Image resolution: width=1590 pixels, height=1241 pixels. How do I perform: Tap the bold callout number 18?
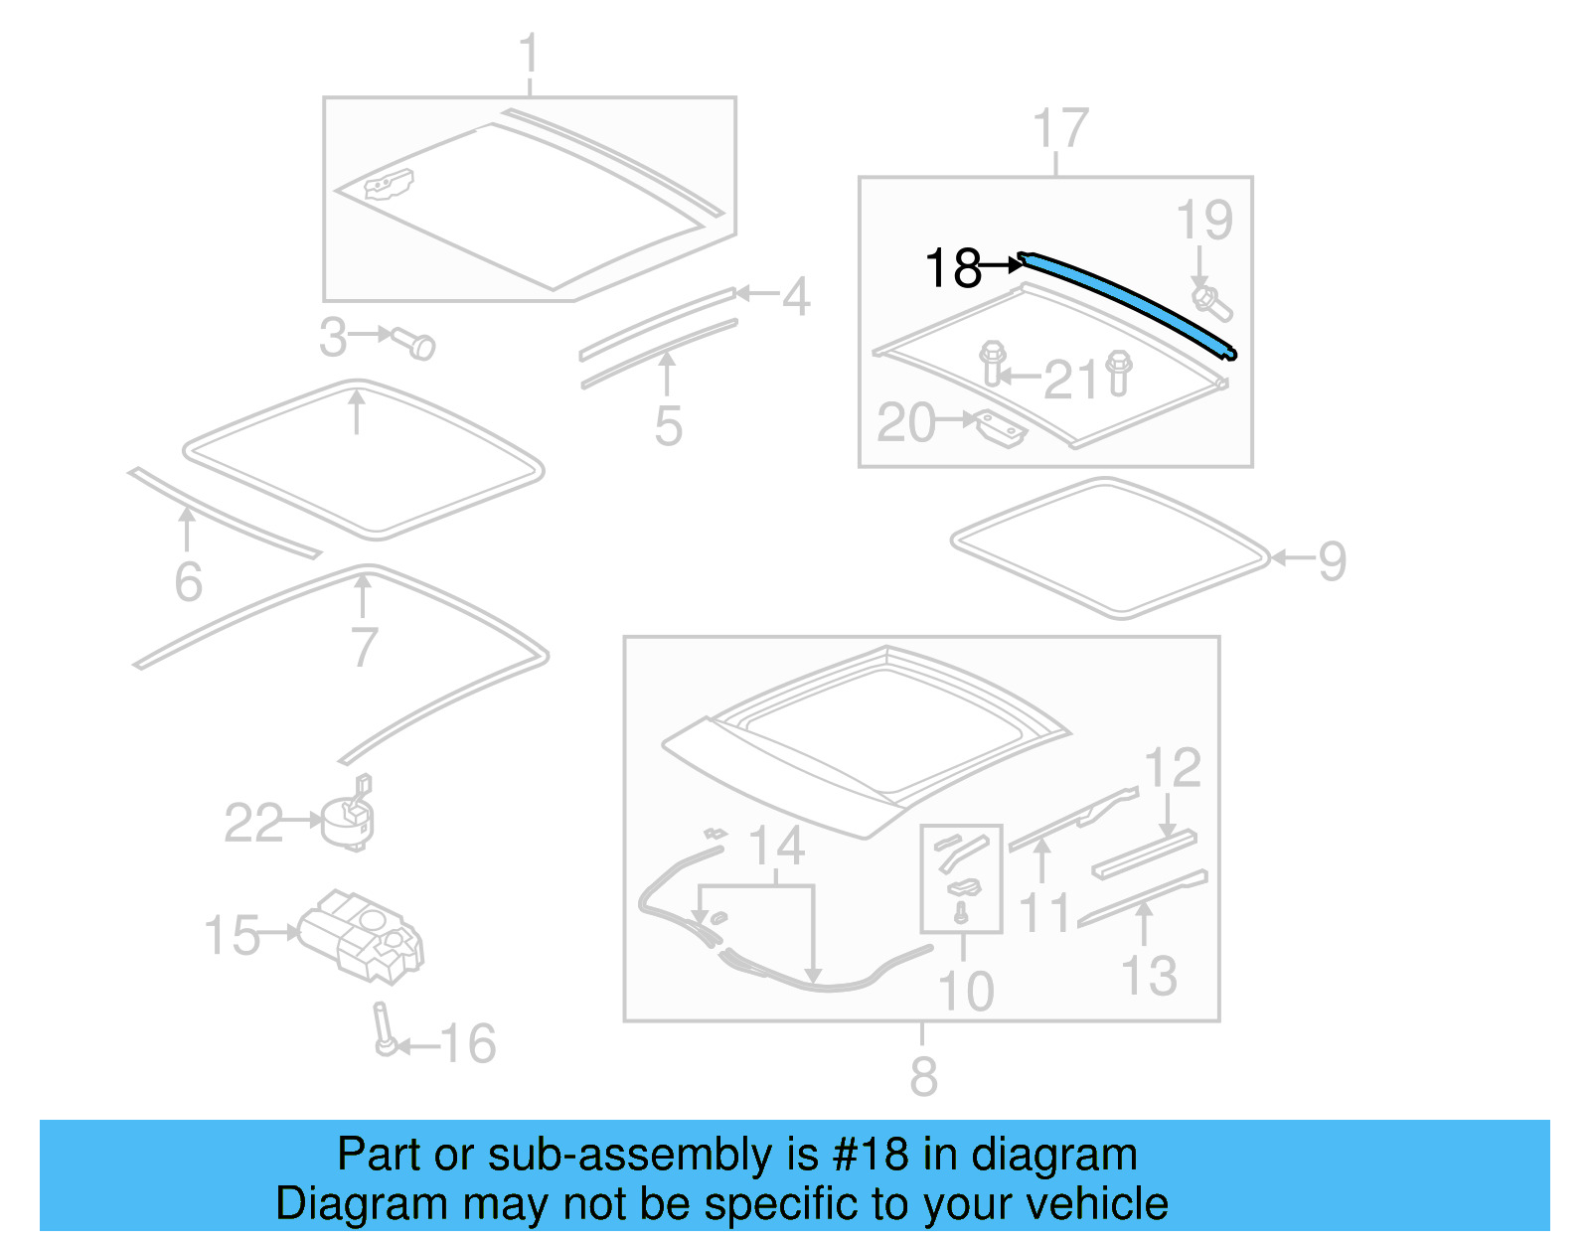(952, 268)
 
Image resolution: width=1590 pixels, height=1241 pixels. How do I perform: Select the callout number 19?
(1203, 221)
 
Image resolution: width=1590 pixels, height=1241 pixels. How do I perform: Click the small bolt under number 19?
(1211, 303)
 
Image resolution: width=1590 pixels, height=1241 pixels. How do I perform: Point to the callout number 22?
(253, 823)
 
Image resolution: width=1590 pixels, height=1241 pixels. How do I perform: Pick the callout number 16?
(467, 1043)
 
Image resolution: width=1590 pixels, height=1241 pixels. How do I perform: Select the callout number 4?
(795, 296)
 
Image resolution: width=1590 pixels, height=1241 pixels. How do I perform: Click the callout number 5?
(668, 426)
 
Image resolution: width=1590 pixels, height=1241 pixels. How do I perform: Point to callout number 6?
(188, 581)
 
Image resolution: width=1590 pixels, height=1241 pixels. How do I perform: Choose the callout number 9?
(1332, 560)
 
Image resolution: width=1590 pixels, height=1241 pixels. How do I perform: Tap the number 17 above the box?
(1060, 129)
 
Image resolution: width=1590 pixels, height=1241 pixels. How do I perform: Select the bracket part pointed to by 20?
(1001, 429)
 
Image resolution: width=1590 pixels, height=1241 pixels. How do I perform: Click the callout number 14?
(776, 847)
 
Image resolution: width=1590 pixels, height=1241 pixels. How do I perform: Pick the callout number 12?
(1173, 768)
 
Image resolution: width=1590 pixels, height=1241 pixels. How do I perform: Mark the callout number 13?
(1149, 976)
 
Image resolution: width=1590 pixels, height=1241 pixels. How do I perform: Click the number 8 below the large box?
(923, 1076)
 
